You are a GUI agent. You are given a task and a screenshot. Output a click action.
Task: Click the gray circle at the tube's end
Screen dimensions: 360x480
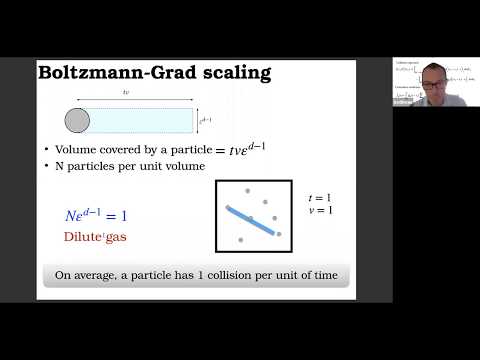pos(77,121)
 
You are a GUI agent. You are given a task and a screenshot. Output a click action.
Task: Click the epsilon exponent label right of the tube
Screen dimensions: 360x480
pos(207,121)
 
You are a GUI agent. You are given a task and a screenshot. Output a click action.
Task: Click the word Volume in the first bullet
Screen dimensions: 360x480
pos(73,150)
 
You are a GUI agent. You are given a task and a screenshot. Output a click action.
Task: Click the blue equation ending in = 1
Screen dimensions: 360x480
pos(96,216)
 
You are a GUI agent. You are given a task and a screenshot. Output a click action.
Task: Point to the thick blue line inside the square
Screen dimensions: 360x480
pos(252,221)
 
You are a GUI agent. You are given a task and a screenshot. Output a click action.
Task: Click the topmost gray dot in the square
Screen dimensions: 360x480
pos(248,190)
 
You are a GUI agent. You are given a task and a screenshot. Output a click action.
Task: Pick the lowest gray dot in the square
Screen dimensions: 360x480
pos(241,241)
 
